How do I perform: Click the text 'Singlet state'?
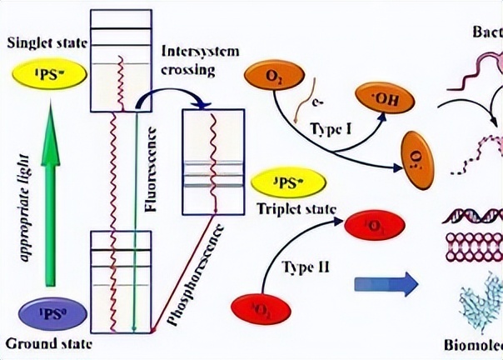point(42,42)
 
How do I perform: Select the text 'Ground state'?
point(42,343)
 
